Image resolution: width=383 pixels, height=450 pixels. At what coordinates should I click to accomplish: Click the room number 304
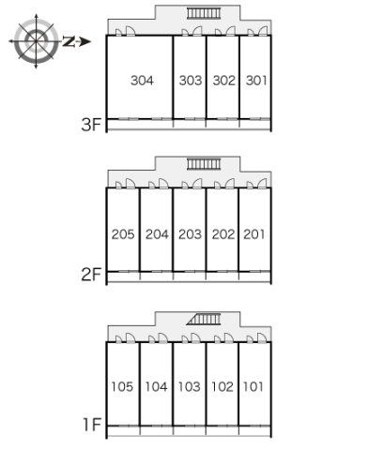(x=143, y=81)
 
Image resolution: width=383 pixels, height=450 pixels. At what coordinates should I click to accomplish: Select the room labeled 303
(x=191, y=81)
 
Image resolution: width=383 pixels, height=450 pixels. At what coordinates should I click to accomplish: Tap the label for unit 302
(x=224, y=81)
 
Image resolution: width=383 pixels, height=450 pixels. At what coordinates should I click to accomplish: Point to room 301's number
(x=256, y=81)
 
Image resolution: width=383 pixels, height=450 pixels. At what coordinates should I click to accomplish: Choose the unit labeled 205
(x=123, y=234)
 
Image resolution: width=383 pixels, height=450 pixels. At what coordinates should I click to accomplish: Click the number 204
(x=157, y=234)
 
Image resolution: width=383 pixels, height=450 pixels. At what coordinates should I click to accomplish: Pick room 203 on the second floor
(x=190, y=234)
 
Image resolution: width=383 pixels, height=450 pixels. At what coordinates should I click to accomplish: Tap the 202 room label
(x=223, y=234)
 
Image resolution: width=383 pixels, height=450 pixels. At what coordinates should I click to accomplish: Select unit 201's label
(x=254, y=234)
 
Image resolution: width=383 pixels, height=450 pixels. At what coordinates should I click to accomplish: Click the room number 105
(x=122, y=387)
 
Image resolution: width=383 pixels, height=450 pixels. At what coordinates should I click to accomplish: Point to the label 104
(x=156, y=387)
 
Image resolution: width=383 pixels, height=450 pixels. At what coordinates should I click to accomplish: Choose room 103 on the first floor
(x=189, y=387)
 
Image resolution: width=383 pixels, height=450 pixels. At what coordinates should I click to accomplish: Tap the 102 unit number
(x=222, y=387)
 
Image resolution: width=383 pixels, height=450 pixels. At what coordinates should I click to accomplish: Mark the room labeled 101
(x=253, y=387)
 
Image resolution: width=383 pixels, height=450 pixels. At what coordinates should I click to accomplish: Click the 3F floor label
(x=91, y=125)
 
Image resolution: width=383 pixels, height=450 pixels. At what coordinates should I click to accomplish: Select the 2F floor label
(x=91, y=275)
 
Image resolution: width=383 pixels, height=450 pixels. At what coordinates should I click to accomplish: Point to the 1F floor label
(x=92, y=425)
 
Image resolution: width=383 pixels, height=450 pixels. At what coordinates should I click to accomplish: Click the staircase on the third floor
(x=204, y=13)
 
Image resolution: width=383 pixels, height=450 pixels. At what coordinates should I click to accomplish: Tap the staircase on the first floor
(x=204, y=320)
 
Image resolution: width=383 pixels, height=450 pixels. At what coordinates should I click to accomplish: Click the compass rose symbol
(x=37, y=41)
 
